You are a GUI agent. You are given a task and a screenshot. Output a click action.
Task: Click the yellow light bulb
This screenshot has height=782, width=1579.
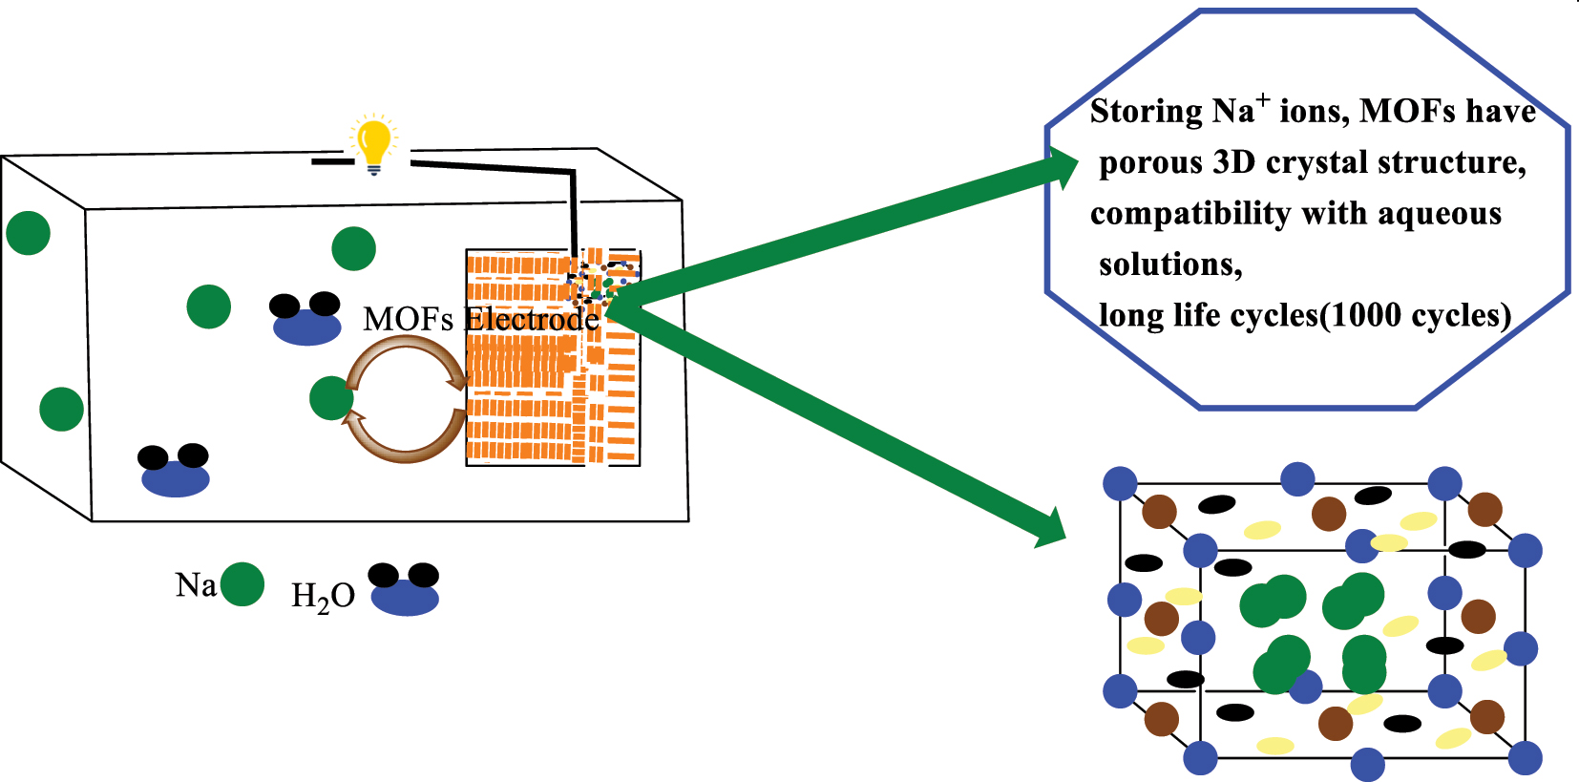click(373, 144)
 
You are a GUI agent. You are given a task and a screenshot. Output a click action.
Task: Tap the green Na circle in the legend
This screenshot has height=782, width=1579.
click(242, 584)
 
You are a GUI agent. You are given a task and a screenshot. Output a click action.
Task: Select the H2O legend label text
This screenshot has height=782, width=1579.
click(323, 597)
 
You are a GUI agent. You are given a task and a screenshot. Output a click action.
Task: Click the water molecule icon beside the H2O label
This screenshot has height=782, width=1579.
click(405, 588)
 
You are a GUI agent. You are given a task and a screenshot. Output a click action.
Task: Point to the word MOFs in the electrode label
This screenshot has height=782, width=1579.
click(408, 320)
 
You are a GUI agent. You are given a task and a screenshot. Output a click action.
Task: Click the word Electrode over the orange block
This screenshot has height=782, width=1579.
click(532, 320)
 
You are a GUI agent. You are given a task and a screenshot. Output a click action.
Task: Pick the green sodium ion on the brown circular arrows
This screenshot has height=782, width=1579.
click(331, 398)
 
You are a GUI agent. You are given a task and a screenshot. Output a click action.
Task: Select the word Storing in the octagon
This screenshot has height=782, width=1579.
click(1146, 112)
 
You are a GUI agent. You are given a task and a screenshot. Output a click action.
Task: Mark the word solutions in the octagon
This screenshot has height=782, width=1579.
click(1170, 264)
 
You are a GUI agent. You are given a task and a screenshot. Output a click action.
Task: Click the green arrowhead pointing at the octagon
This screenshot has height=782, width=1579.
click(1061, 172)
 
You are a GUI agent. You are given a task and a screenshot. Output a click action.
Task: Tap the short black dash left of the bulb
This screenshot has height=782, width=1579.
click(332, 161)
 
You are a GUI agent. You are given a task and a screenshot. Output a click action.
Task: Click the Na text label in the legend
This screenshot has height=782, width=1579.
click(196, 584)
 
